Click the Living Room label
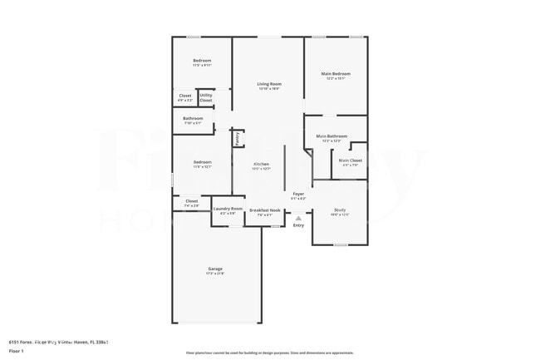268,83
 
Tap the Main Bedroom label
336,73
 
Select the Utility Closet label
205,97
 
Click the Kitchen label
262,164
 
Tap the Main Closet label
350,160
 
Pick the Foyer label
298,193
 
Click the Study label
340,210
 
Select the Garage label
215,268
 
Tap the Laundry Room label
228,209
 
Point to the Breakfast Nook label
265,210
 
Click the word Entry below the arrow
298,225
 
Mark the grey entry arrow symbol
298,218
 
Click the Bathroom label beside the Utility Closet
193,118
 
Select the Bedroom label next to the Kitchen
202,161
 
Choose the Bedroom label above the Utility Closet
202,60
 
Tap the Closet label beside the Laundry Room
191,200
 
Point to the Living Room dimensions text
268,88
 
